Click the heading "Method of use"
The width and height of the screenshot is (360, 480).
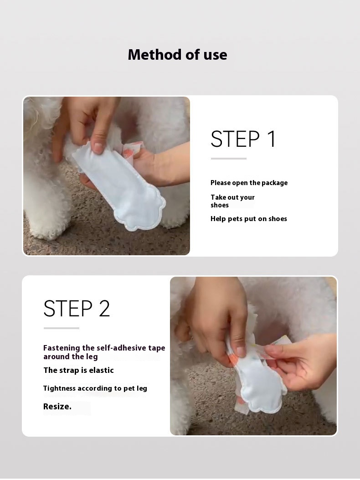pos(177,55)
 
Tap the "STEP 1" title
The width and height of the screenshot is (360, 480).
pos(243,139)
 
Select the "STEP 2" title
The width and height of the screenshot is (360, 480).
pos(77,308)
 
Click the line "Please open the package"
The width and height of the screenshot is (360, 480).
pos(249,183)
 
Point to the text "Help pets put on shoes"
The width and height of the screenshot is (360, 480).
pos(248,218)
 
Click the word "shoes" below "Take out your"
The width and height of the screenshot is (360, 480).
pos(220,205)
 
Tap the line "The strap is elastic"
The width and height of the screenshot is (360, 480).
pos(78,370)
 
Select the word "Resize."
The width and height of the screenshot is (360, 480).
pos(57,407)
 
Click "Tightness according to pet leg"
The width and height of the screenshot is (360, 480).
pos(95,388)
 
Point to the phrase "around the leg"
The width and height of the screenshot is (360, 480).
pos(71,356)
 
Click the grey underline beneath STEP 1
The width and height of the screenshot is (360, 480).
pos(228,159)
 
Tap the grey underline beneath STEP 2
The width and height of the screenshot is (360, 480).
pos(61,328)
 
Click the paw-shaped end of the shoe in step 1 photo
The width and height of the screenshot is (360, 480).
pos(141,211)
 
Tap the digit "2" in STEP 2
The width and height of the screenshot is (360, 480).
pos(104,308)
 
